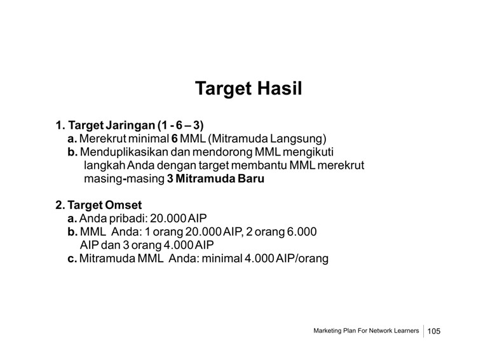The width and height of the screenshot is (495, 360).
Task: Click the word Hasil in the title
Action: (280, 88)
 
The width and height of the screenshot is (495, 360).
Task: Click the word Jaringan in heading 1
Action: (130, 126)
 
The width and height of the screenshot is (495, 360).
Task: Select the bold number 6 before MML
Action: (175, 139)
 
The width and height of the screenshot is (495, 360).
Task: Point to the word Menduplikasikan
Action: (124, 152)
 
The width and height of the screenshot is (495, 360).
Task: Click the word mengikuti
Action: (308, 152)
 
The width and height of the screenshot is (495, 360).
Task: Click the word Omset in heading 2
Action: (123, 205)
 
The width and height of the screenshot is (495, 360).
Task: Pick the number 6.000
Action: (301, 232)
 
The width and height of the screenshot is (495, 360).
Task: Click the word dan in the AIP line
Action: (115, 245)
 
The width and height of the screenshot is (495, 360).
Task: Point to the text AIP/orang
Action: (302, 258)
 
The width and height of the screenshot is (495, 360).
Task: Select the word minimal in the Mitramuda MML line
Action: (222, 258)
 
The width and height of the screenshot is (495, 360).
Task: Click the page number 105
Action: (434, 331)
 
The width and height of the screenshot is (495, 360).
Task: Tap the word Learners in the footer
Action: (407, 331)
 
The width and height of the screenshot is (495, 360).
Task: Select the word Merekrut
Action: (102, 139)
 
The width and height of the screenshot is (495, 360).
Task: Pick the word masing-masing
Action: (124, 179)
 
